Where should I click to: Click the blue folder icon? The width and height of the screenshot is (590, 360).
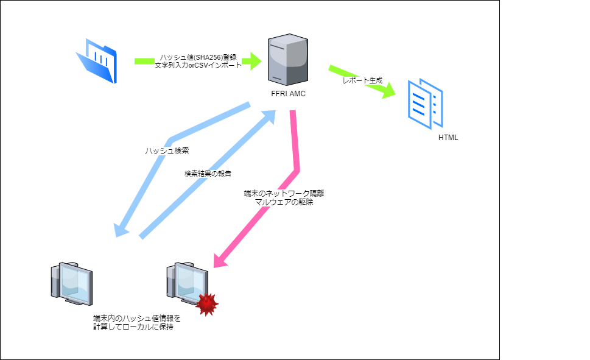pyautogui.click(x=97, y=61)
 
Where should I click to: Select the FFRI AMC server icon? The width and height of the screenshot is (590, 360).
pyautogui.click(x=288, y=60)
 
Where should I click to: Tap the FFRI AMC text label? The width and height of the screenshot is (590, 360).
pyautogui.click(x=288, y=94)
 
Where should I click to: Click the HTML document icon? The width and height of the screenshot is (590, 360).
pyautogui.click(x=426, y=104)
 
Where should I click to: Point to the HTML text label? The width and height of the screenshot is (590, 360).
pyautogui.click(x=448, y=138)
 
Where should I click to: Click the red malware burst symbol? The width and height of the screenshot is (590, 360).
pyautogui.click(x=206, y=305)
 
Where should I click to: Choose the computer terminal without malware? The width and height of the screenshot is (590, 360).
pyautogui.click(x=71, y=284)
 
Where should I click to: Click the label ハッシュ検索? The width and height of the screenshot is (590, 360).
pyautogui.click(x=167, y=150)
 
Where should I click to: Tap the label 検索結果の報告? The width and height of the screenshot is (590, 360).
pyautogui.click(x=208, y=174)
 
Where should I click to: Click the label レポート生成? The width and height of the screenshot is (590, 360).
pyautogui.click(x=362, y=80)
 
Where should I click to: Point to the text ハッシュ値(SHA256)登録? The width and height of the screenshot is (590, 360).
pyautogui.click(x=198, y=57)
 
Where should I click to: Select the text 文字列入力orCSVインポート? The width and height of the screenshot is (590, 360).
pyautogui.click(x=198, y=65)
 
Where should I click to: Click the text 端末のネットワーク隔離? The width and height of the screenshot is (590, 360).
pyautogui.click(x=284, y=194)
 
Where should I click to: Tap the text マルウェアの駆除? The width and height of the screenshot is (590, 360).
pyautogui.click(x=284, y=202)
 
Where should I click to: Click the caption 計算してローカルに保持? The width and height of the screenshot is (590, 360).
pyautogui.click(x=133, y=327)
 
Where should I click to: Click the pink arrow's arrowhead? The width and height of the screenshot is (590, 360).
pyautogui.click(x=220, y=260)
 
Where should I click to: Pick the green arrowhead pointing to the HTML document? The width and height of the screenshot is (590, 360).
pyautogui.click(x=388, y=91)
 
